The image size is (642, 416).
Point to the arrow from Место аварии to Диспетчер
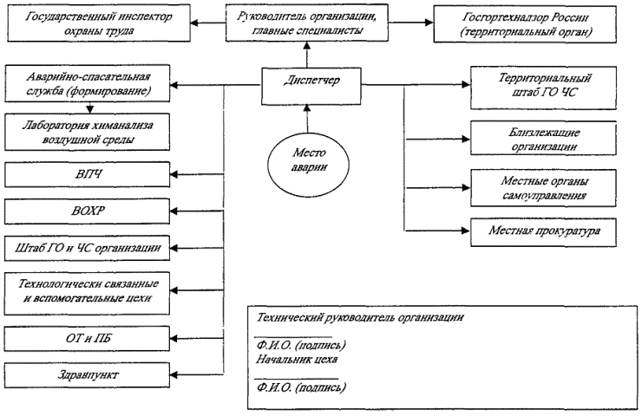click(x=305, y=116)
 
